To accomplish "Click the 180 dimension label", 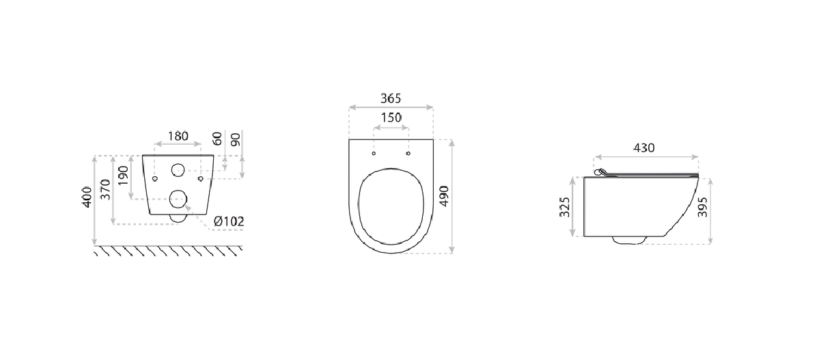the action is click(178, 137).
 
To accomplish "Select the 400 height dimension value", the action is click(87, 197).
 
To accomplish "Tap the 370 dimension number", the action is click(105, 189).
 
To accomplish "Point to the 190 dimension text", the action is click(122, 176).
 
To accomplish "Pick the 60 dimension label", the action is click(218, 139).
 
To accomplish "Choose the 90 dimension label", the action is click(236, 139).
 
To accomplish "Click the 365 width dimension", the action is click(391, 98).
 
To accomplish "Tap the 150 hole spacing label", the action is click(391, 117).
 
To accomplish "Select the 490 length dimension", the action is click(445, 196).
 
